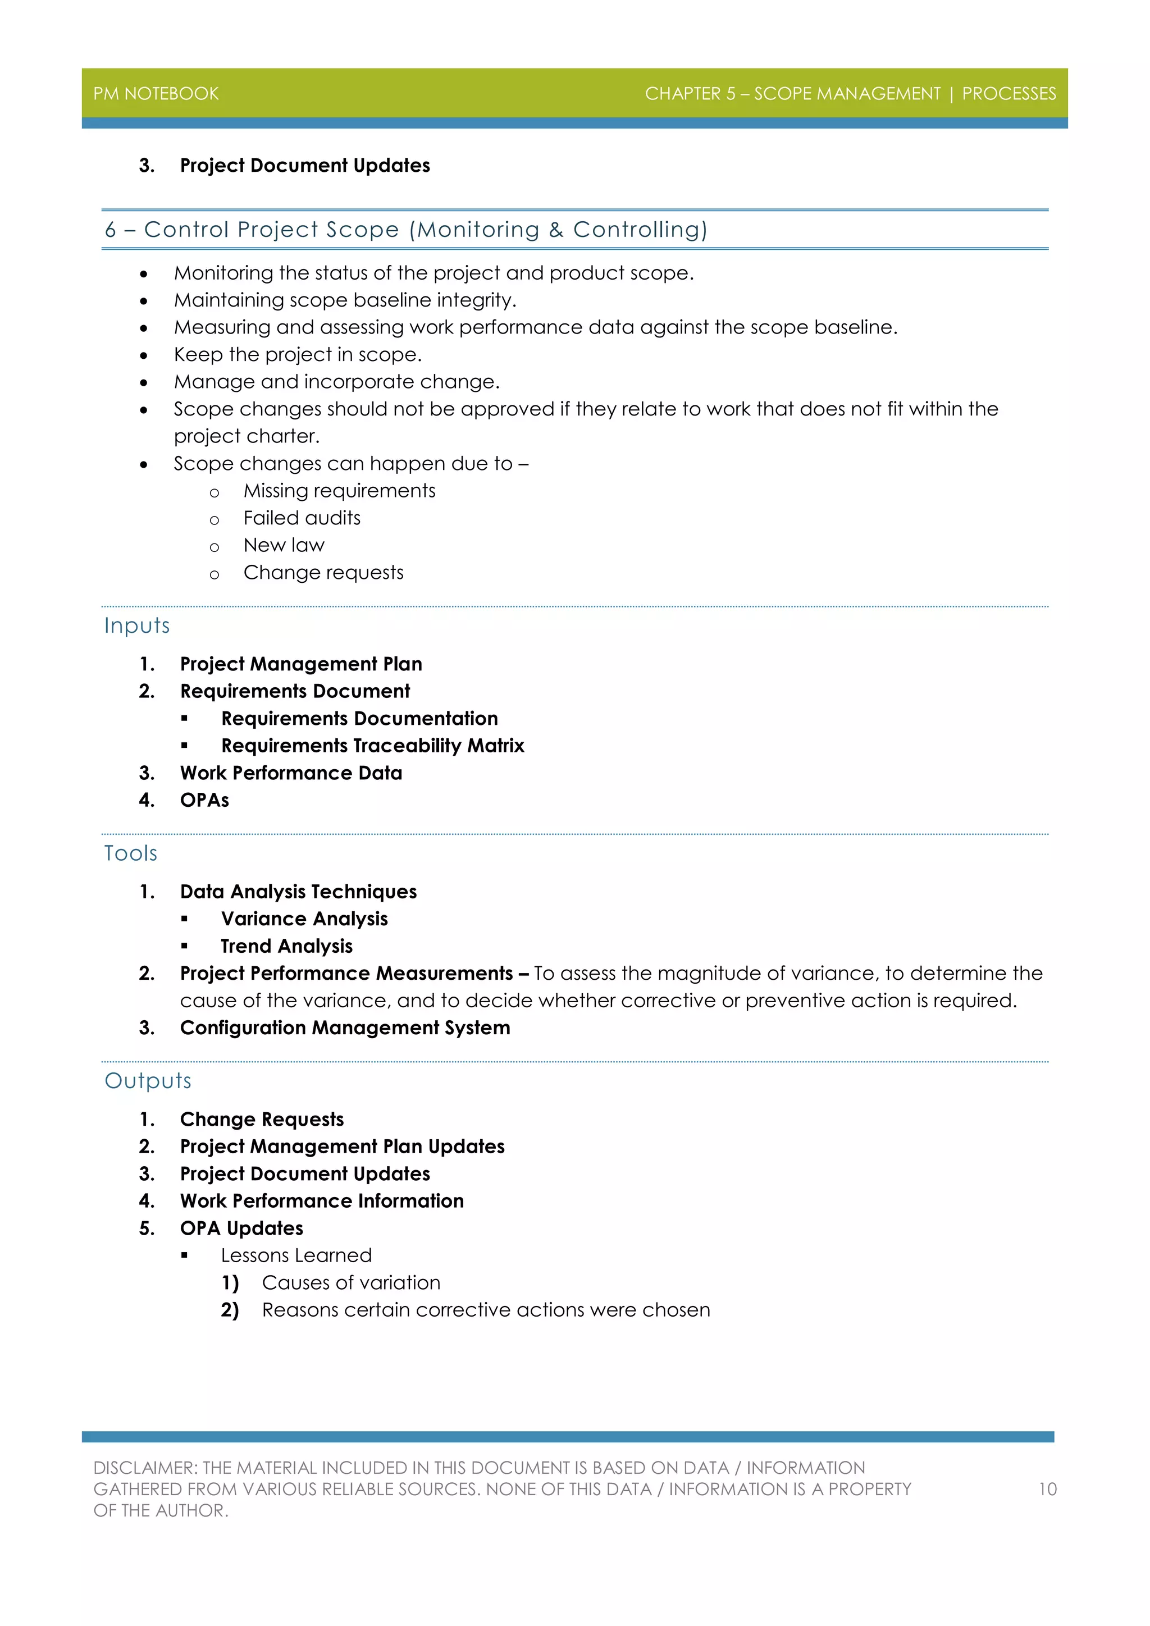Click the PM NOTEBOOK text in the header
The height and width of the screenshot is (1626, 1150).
[x=156, y=93]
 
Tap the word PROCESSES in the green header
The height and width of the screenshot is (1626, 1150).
[x=1008, y=93]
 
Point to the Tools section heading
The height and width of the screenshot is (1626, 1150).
[x=130, y=853]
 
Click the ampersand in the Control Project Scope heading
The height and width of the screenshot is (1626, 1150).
[x=556, y=230]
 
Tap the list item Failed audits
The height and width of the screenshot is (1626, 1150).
[x=302, y=518]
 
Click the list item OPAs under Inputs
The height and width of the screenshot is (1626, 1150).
[x=204, y=800]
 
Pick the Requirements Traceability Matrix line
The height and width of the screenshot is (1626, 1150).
[x=372, y=746]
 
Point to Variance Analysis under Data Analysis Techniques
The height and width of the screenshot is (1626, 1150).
[x=304, y=919]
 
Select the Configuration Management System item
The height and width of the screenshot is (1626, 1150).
[x=345, y=1027]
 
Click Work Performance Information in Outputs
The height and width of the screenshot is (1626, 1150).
[x=322, y=1200]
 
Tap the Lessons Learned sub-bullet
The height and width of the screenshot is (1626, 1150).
[x=296, y=1255]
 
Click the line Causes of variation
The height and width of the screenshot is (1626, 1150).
[x=350, y=1282]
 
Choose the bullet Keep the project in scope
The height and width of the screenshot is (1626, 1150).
[x=298, y=354]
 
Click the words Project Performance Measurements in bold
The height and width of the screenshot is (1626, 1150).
[x=346, y=973]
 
